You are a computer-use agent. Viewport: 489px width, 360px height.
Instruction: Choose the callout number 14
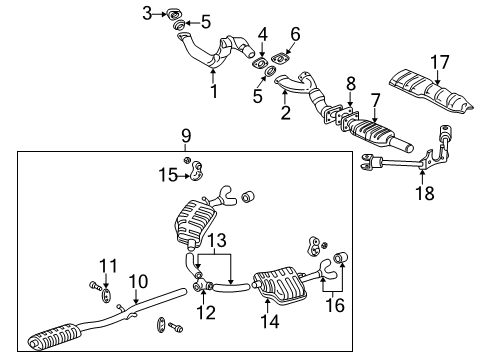click(x=266, y=322)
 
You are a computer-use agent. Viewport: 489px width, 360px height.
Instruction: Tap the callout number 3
click(x=147, y=13)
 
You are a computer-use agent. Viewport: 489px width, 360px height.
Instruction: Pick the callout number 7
click(x=375, y=100)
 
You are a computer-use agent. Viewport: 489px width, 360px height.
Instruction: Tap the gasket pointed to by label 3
click(x=171, y=13)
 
